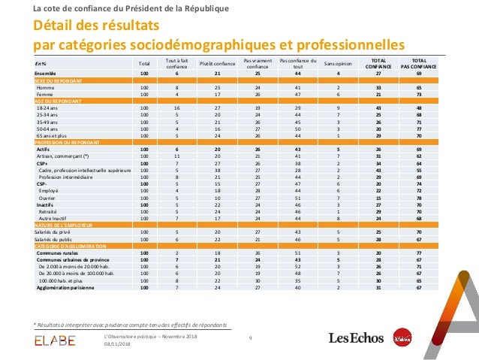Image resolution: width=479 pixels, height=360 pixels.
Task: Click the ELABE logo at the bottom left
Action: pos(55,341)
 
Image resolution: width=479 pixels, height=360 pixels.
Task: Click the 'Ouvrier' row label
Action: pos(49,198)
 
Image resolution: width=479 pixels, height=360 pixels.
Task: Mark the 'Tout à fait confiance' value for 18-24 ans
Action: pos(176,109)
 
